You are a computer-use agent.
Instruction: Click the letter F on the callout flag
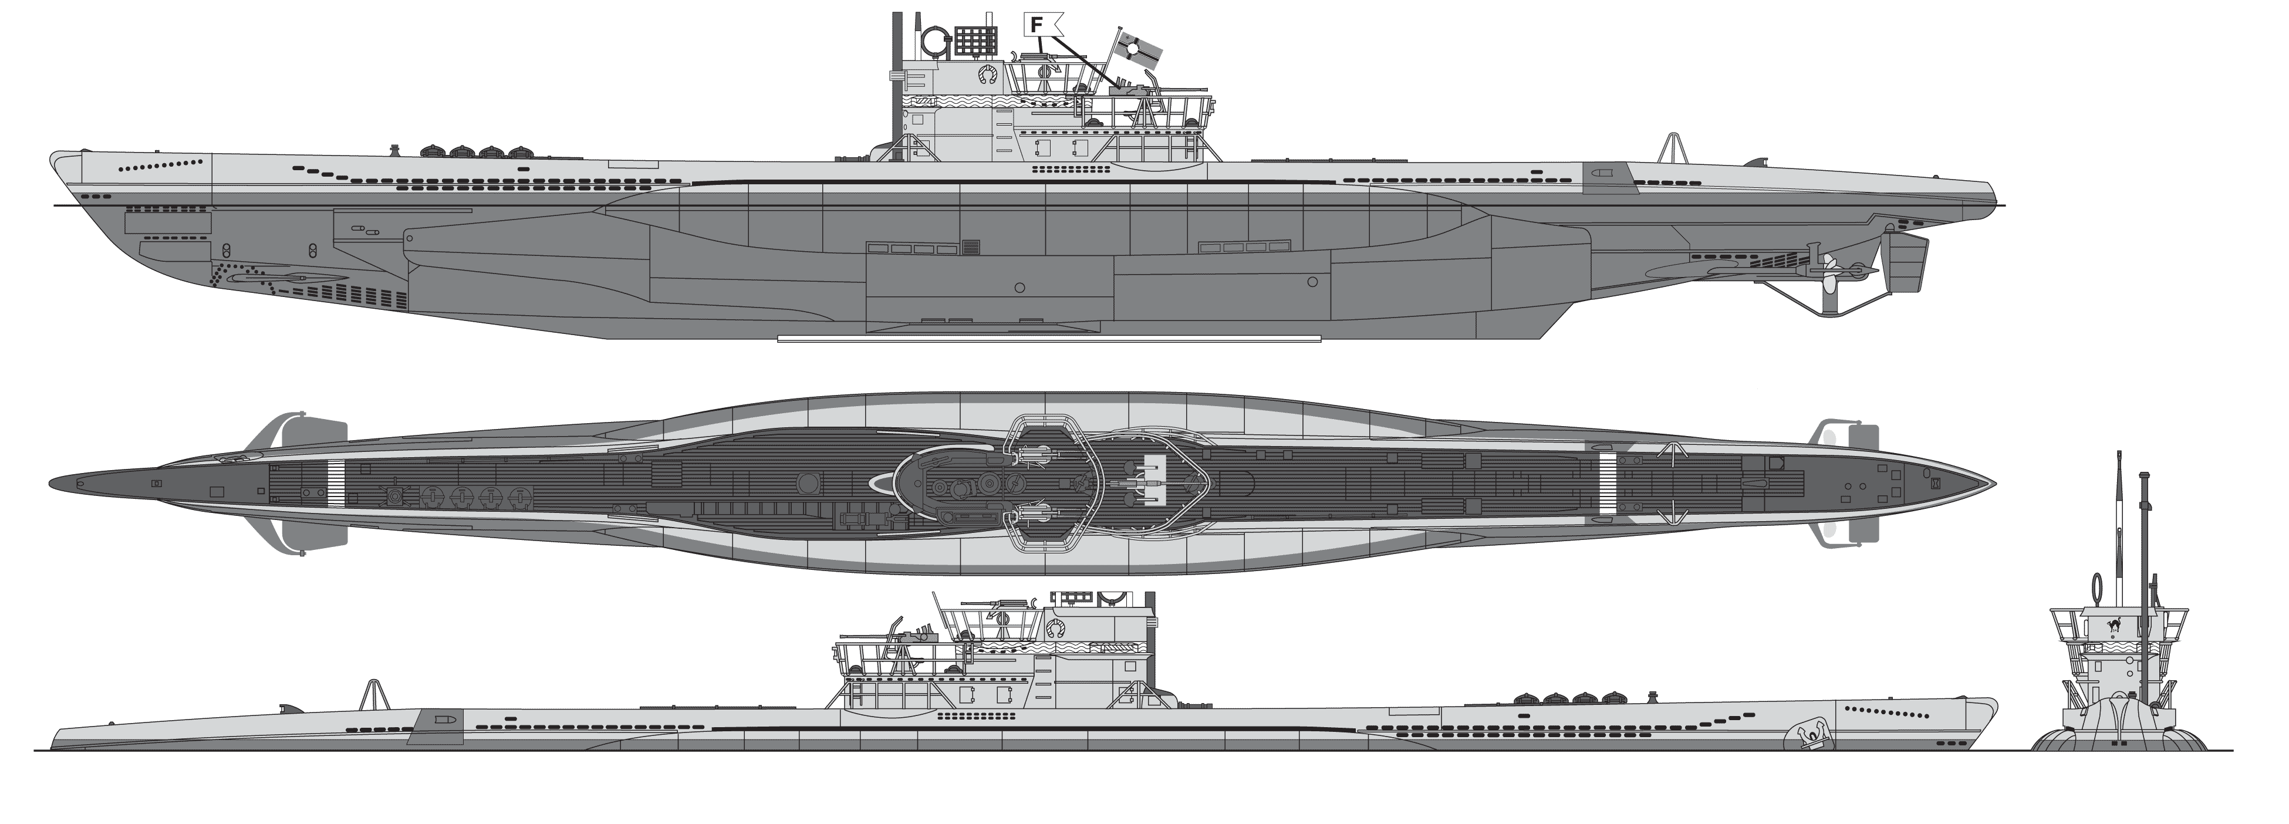pos(1036,25)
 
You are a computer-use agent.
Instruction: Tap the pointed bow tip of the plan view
pos(1993,484)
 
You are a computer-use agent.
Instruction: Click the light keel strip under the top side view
pos(1048,339)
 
